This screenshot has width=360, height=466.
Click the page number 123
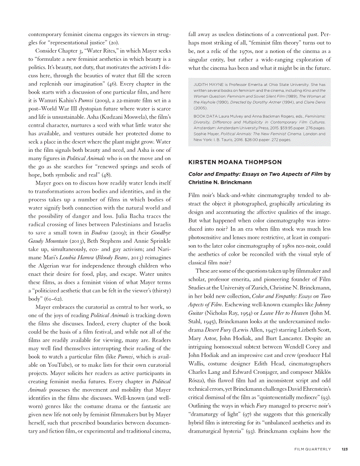click(x=344, y=449)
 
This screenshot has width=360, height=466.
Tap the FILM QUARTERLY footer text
click(x=313, y=449)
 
